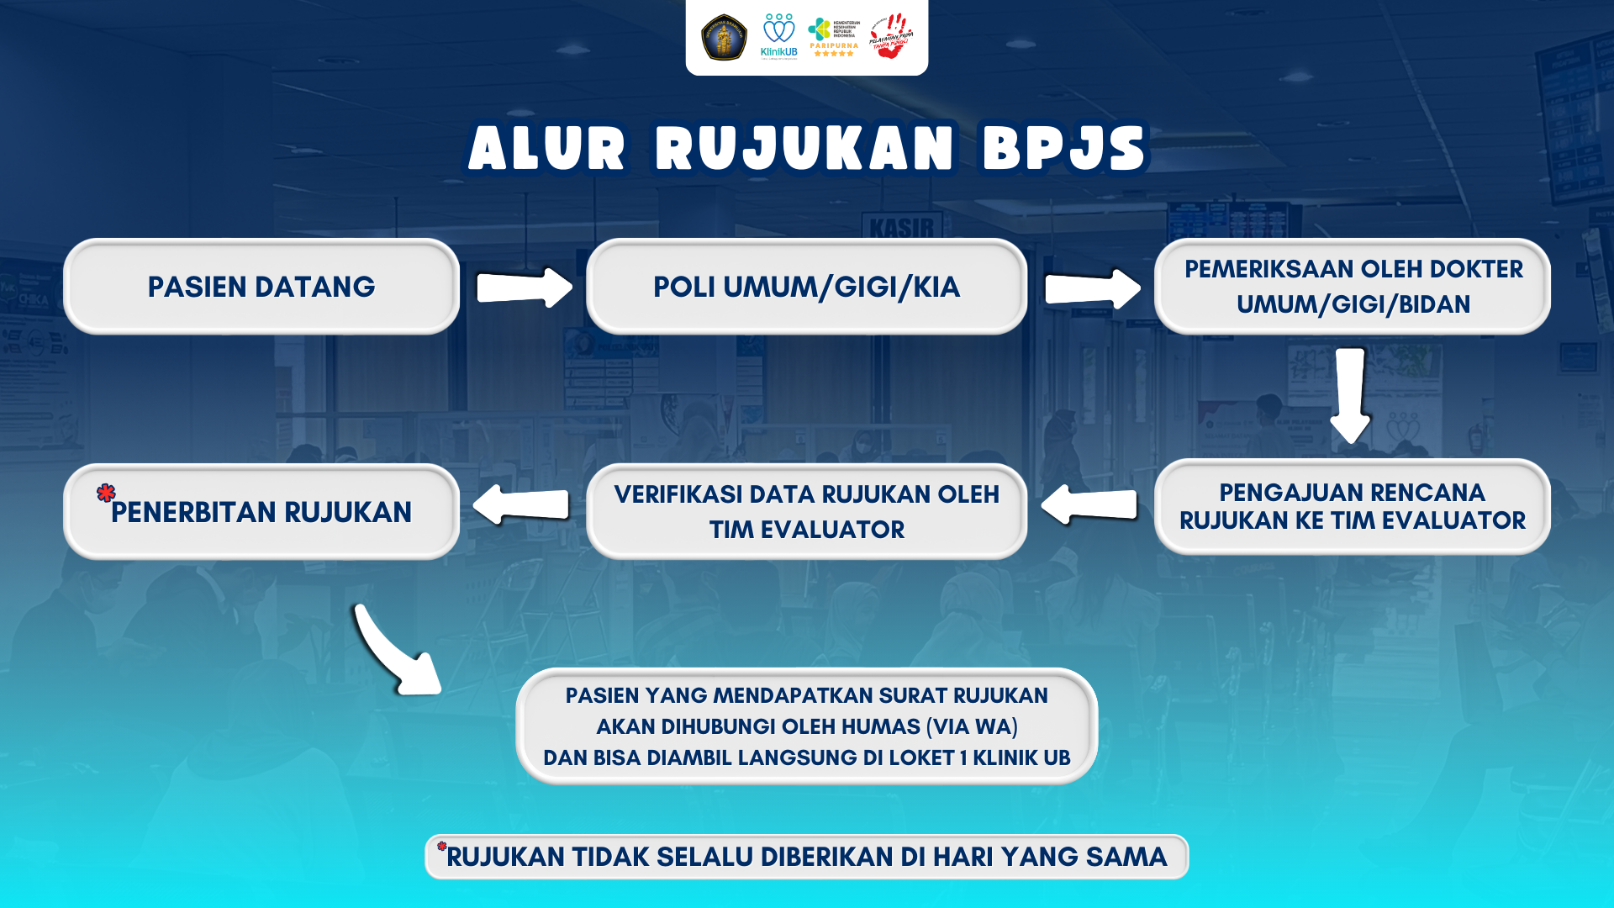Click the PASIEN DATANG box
click(x=261, y=287)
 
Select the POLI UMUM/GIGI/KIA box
click(x=806, y=287)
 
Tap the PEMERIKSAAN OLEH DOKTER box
click(x=1352, y=287)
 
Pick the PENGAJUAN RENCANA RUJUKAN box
click(x=1352, y=506)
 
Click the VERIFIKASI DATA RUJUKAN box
click(x=806, y=511)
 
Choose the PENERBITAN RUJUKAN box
click(x=261, y=511)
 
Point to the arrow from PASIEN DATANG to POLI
click(x=525, y=288)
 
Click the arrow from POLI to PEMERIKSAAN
click(x=1093, y=288)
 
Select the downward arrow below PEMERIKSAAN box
click(x=1351, y=395)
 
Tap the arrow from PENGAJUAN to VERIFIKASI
click(x=1089, y=504)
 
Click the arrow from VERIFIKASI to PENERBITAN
click(x=521, y=504)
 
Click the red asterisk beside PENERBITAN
click(x=106, y=493)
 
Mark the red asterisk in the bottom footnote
click(x=441, y=846)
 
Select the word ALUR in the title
click(x=547, y=149)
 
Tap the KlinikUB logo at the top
click(x=778, y=36)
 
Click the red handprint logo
click(x=890, y=35)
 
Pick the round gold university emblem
click(x=724, y=37)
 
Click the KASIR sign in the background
click(x=902, y=227)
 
